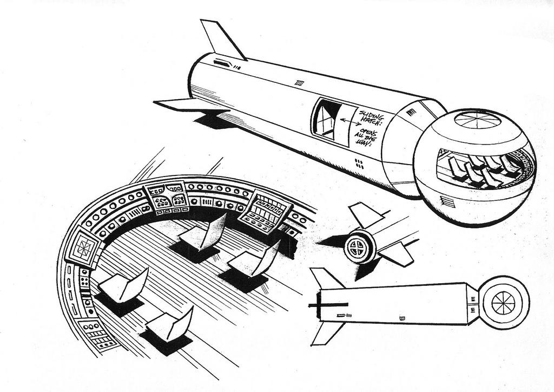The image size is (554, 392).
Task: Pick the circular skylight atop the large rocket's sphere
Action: click(x=477, y=119)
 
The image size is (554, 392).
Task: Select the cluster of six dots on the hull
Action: click(x=359, y=163)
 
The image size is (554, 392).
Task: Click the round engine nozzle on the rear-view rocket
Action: click(x=359, y=245)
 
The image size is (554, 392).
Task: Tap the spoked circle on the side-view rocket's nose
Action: click(x=503, y=302)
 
